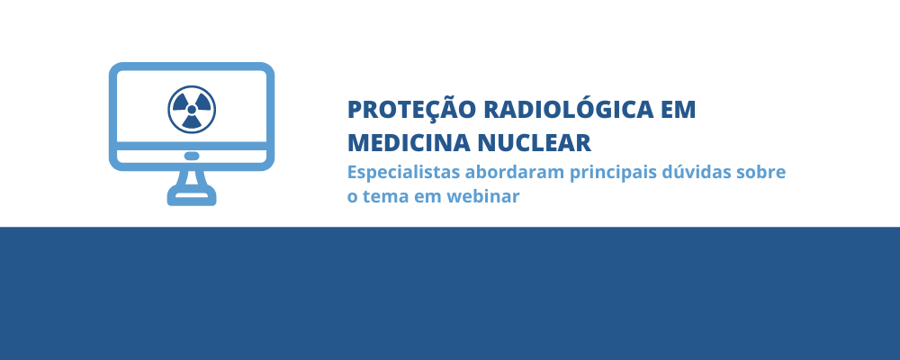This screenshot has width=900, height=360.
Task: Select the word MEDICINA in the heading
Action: (408, 143)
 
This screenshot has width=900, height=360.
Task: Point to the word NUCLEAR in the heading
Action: (535, 143)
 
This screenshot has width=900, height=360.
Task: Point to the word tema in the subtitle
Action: (384, 197)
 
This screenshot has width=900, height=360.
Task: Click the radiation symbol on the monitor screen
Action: (192, 109)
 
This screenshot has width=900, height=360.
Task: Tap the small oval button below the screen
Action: (192, 157)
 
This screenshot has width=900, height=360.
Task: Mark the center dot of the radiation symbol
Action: (192, 109)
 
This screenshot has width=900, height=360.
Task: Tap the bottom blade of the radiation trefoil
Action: (192, 121)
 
